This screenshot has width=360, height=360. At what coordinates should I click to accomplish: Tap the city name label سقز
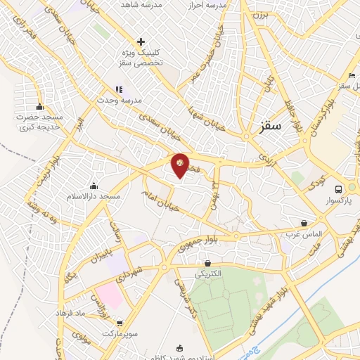pos(270,126)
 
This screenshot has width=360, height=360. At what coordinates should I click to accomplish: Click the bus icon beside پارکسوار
pos(339,189)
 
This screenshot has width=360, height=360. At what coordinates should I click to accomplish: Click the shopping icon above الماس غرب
pos(304,223)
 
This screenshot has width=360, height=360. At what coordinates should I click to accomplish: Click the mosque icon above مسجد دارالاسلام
pos(94,186)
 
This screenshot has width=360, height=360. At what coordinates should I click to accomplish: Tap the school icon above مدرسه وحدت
pos(118,89)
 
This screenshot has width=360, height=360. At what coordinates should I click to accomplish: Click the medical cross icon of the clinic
pos(141,42)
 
